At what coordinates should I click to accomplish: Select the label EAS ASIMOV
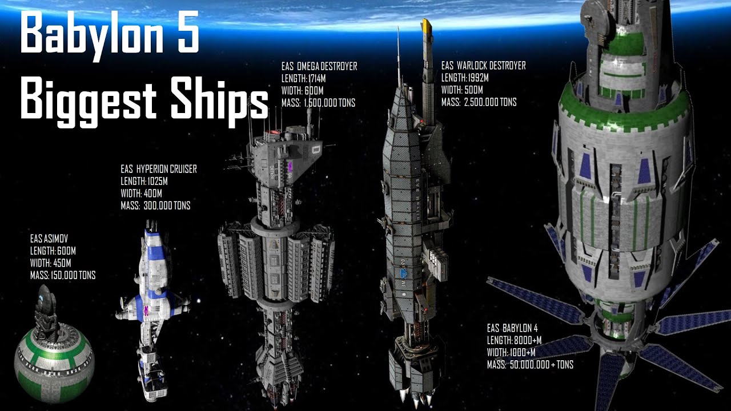coord(49,239)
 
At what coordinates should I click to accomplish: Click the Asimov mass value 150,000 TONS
coord(73,275)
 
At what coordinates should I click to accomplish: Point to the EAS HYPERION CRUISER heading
coord(159,169)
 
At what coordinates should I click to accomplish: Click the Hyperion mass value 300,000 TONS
coord(167,206)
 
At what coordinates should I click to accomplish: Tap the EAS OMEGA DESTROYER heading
coord(319,67)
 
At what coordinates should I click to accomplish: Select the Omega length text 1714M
coord(316,79)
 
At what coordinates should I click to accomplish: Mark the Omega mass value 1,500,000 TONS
coord(330,103)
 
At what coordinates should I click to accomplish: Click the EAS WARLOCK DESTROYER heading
coord(483,66)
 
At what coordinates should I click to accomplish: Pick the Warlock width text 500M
coord(472,90)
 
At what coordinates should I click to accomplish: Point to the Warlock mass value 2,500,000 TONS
coord(490,102)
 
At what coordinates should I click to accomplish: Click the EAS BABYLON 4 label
coord(512,328)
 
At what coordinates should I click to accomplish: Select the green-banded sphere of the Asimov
coord(54,364)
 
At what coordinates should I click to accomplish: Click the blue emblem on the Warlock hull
coord(403,273)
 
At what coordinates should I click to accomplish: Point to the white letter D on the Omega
coord(316,150)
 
